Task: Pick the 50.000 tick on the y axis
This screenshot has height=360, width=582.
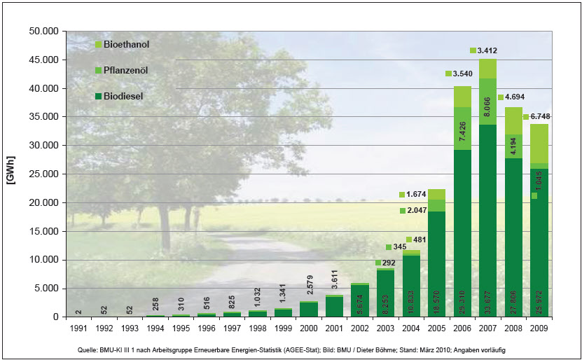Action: point(43,32)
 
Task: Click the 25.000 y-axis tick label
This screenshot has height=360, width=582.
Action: point(43,174)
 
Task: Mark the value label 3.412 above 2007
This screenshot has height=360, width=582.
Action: point(487,50)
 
